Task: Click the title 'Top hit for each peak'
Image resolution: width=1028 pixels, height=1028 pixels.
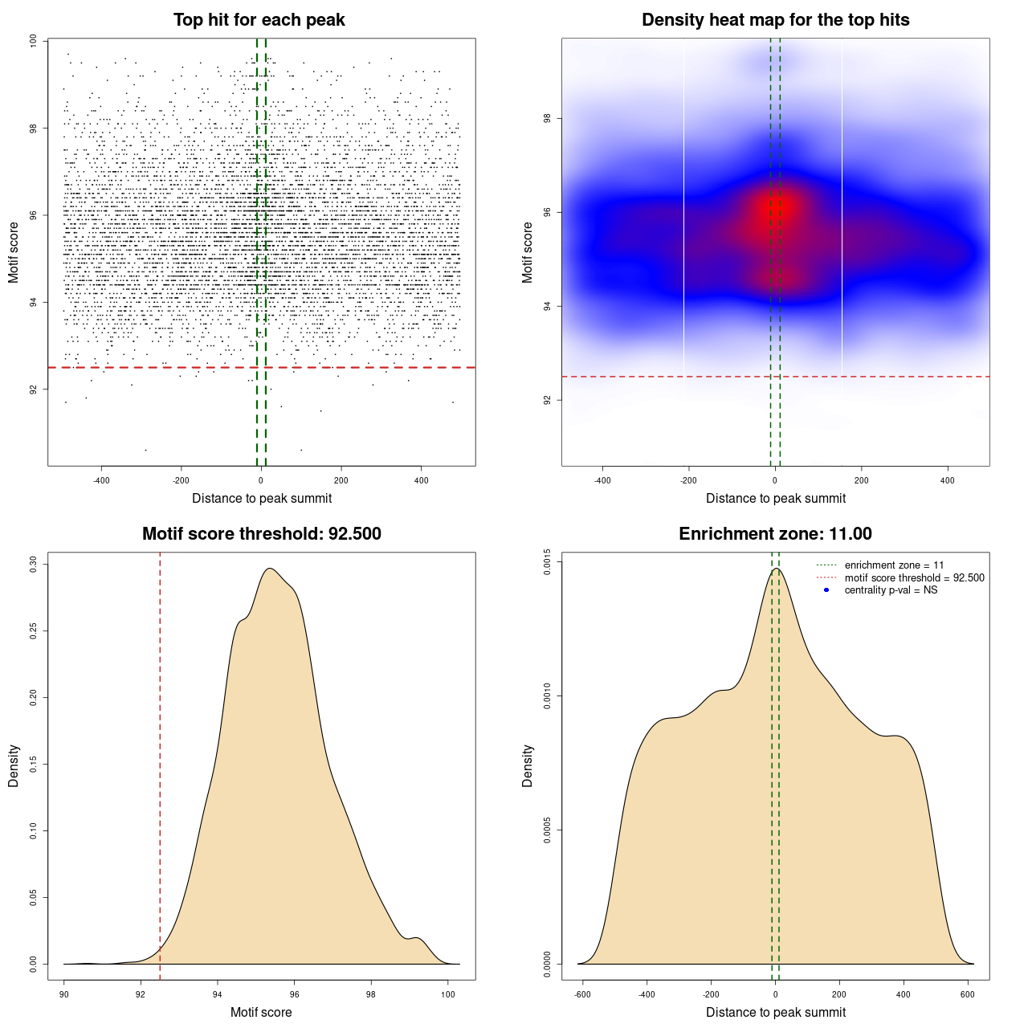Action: coord(259,20)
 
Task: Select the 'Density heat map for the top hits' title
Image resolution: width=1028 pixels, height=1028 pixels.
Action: coord(775,20)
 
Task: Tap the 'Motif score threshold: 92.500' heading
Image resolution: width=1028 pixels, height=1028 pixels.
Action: coord(261,534)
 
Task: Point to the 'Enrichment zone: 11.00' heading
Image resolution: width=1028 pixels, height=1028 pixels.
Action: coord(775,534)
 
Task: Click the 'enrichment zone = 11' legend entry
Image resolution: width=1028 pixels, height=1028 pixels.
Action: coord(894,565)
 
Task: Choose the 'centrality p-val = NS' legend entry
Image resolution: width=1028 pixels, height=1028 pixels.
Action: coord(891,590)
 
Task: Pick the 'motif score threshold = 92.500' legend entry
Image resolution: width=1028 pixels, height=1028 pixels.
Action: coord(914,578)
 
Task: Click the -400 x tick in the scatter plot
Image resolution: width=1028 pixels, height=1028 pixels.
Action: coord(101,480)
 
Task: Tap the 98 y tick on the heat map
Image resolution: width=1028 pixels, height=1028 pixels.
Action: coord(547,119)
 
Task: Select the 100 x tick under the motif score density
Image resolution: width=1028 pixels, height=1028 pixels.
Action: coord(448,994)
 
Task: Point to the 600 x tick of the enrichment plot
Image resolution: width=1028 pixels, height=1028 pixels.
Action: coord(968,994)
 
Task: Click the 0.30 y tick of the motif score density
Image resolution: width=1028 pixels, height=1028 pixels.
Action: coord(33,564)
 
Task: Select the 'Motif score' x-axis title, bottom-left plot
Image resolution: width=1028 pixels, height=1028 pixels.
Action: coord(261,1012)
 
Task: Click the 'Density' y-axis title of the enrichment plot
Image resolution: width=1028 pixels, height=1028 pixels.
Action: coord(528,765)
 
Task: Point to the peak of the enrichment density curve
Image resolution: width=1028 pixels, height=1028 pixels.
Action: coord(776,569)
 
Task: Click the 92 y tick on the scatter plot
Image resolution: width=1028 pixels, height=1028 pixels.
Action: coord(33,390)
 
